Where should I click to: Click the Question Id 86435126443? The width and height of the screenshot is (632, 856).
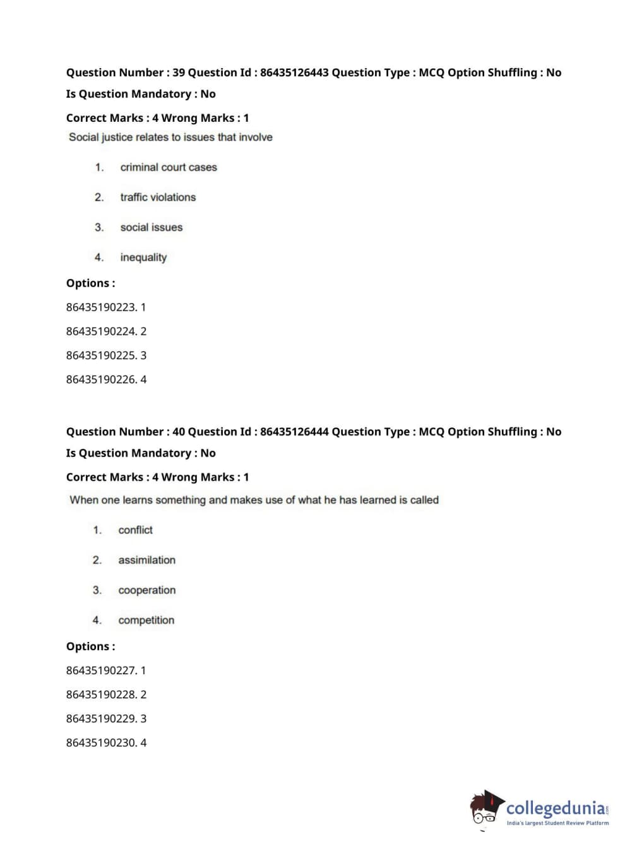tap(294, 73)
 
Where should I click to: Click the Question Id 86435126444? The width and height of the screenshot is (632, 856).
tap(294, 432)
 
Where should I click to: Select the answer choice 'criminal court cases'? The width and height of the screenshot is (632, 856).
tap(169, 167)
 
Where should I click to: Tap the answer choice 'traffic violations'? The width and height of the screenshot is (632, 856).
tap(158, 198)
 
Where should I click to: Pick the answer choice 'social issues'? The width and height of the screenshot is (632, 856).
tap(152, 227)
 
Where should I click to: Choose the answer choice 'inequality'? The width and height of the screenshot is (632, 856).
tap(143, 258)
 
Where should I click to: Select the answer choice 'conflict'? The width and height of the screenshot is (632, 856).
tap(135, 530)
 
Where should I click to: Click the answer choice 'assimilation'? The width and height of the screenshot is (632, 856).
tap(146, 560)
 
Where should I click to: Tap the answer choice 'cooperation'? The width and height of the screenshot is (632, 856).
tap(147, 590)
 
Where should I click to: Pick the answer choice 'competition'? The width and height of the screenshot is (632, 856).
tap(146, 621)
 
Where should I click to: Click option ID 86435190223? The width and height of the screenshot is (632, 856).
tap(101, 307)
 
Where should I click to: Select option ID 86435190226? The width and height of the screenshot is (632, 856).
tap(101, 379)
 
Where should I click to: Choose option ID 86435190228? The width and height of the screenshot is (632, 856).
tap(101, 694)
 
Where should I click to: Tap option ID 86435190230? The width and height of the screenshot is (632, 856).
tap(101, 742)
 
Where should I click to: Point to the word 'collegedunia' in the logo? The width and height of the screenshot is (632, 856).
tap(555, 808)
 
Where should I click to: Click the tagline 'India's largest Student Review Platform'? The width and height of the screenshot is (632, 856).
tap(557, 823)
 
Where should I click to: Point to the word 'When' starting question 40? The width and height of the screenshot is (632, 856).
tap(84, 500)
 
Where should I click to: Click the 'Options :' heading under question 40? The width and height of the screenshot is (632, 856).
tap(91, 646)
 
